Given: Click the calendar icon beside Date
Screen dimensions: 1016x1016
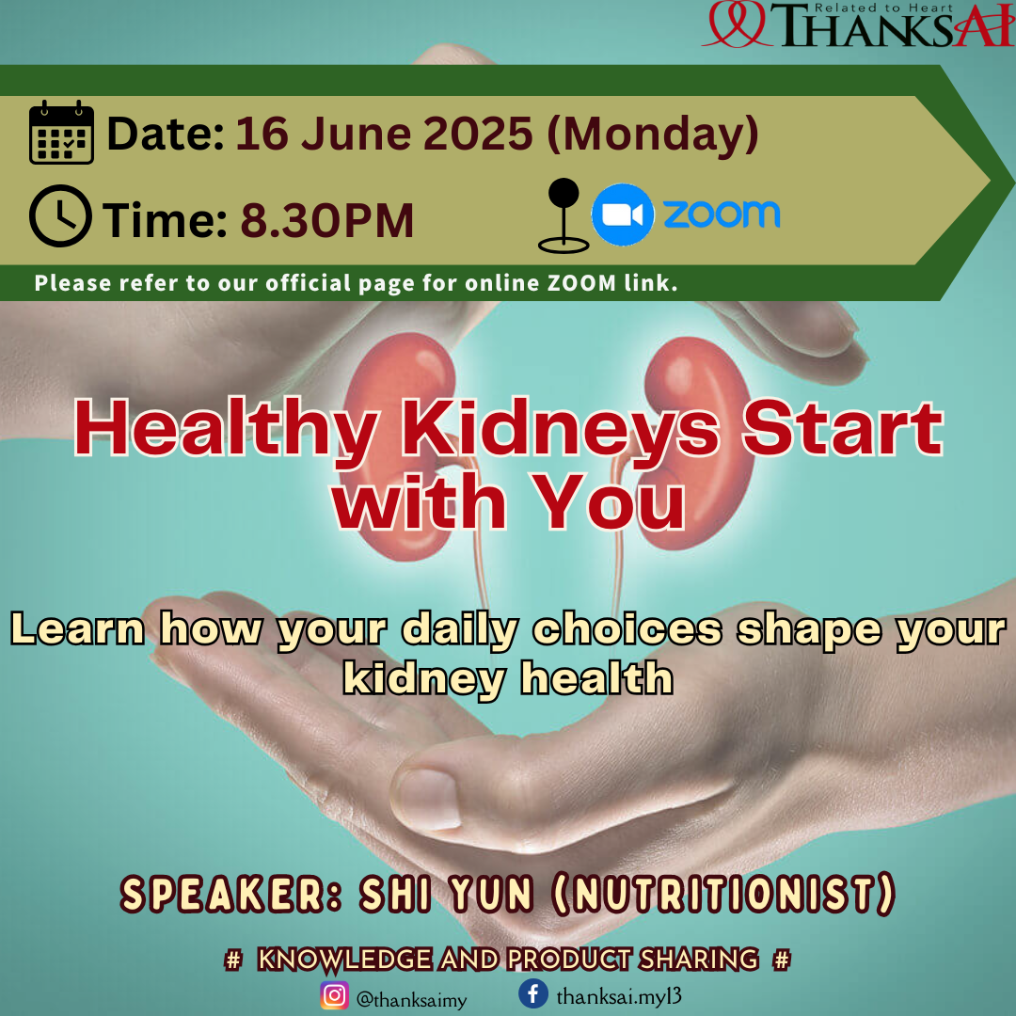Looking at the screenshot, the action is click(61, 133).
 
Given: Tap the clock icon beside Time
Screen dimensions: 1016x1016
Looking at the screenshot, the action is click(60, 215).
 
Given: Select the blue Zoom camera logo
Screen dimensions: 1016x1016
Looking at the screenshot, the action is click(622, 214).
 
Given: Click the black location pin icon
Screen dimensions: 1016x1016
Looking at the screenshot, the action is click(564, 215).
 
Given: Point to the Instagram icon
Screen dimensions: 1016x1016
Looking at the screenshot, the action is click(334, 995).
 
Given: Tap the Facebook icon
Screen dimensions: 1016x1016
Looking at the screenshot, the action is click(533, 993).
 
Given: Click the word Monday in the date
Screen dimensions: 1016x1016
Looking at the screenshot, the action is click(653, 135).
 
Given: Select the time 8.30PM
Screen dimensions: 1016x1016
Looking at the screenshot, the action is click(327, 221).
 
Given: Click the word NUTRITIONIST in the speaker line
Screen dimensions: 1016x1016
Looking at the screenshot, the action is click(723, 895).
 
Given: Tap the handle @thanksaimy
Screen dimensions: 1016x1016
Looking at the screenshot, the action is click(411, 1000).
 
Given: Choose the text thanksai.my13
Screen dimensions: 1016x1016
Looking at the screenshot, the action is click(619, 996).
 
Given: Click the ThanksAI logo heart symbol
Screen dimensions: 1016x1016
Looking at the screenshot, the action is click(738, 24).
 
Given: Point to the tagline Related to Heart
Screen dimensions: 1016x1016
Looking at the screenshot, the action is click(883, 8).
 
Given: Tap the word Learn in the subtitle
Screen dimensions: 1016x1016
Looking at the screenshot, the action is click(77, 629).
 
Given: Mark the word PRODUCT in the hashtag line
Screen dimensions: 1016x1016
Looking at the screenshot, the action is click(568, 960).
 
